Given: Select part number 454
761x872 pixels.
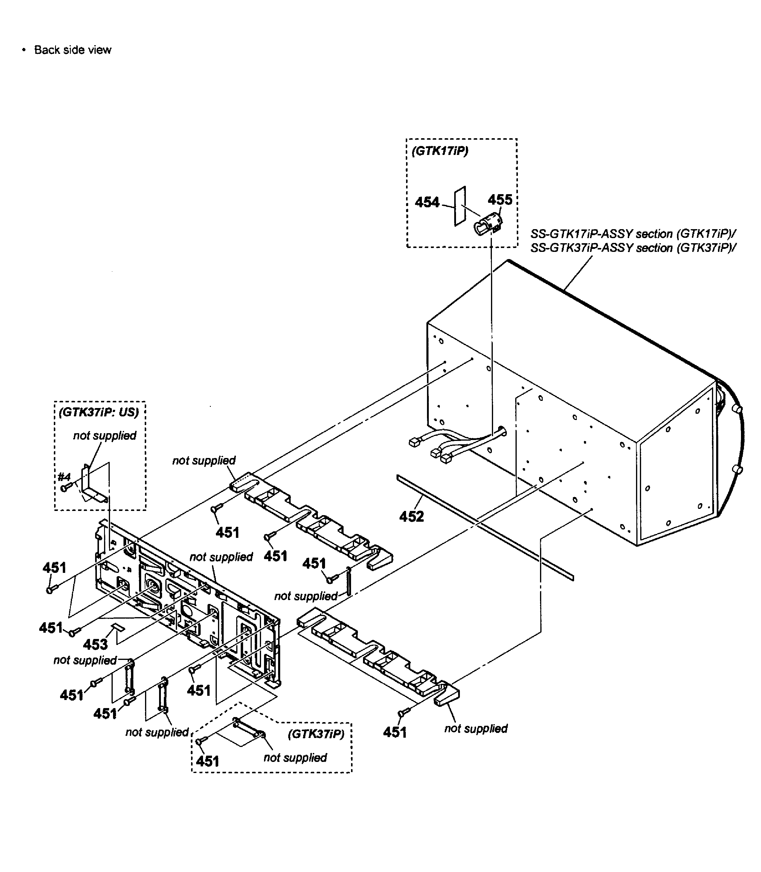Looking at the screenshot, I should pos(427,202).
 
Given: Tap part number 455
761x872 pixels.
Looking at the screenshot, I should pos(500,200).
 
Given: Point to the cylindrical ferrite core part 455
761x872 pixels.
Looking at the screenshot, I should pos(487,224).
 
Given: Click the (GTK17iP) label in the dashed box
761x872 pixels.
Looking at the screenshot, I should pos(440,151).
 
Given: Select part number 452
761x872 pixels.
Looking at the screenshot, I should pos(411,517).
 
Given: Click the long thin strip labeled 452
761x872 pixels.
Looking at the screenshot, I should pos(484,527).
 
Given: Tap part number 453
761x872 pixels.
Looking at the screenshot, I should pos(95,644).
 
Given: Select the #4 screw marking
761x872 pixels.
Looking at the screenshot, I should pos(64,476).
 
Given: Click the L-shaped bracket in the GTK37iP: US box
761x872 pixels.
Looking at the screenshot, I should pos(91,484).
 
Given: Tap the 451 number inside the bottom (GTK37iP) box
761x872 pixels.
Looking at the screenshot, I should pos(207,761).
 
